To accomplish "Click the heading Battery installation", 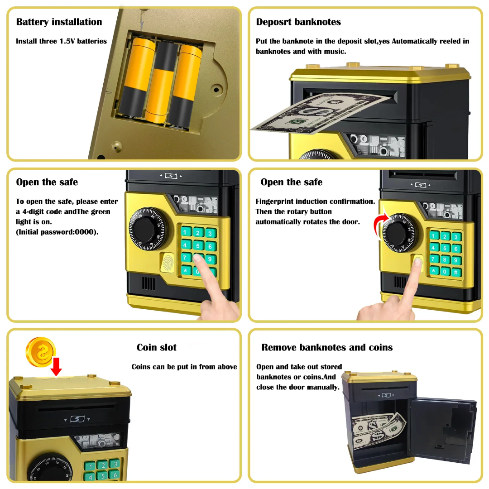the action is [59, 22].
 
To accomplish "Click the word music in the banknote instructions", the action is [334, 52].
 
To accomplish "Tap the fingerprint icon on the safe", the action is [168, 262].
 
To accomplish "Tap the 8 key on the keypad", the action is [445, 259].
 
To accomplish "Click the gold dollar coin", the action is [41, 352].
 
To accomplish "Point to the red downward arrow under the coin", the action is [56, 367].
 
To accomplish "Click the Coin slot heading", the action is [157, 347].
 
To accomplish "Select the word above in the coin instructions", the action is [226, 367].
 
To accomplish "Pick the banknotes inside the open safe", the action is [378, 431].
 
